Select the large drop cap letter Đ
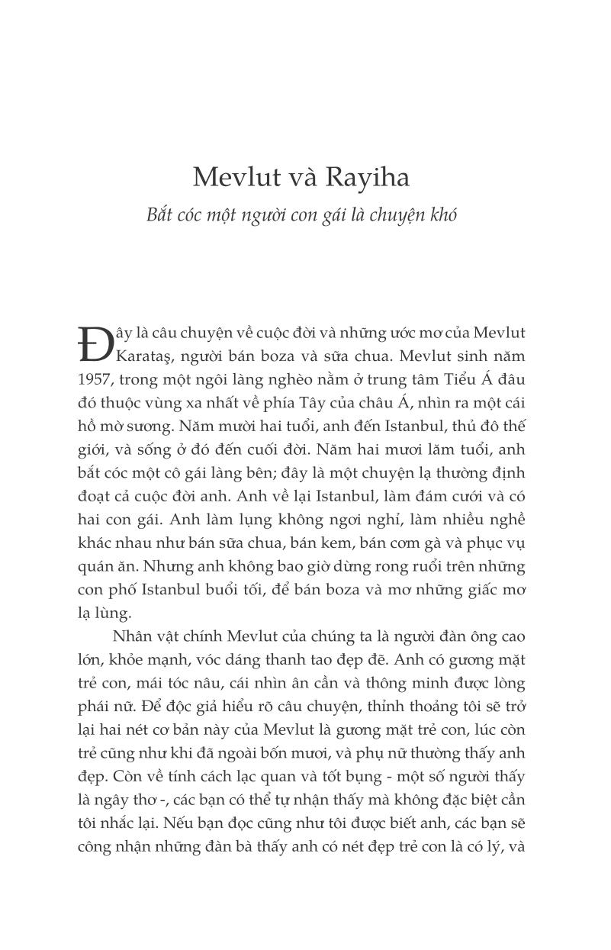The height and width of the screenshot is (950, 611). pyautogui.click(x=92, y=345)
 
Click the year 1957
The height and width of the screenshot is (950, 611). pyautogui.click(x=95, y=379)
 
